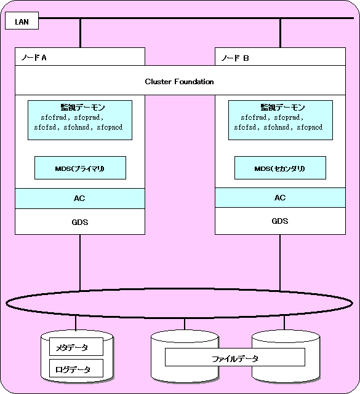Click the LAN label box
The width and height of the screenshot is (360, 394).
pos(22,21)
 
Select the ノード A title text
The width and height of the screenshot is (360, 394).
pos(34,58)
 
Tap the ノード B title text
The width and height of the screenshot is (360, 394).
pos(235,58)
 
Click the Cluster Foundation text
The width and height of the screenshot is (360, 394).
pos(179,81)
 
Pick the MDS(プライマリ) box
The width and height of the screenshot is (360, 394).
pos(80,168)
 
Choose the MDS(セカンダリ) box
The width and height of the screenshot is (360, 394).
pos(280,168)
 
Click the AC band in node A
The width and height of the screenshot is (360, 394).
pos(80,199)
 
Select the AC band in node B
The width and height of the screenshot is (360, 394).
pos(280,197)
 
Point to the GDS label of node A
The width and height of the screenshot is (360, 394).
pos(80,222)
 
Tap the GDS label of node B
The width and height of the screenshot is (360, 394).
pos(280,221)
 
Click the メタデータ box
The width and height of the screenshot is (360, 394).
pos(76,347)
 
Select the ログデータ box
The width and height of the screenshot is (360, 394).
pos(76,368)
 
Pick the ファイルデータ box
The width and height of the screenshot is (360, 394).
pos(235,357)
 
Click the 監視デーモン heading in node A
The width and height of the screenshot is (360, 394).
pos(82,108)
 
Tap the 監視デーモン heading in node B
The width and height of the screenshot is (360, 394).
pos(282,108)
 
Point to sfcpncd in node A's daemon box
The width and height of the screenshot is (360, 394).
pos(110,127)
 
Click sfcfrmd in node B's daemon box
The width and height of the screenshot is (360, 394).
pos(254,117)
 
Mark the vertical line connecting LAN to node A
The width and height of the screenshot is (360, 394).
pos(80,33)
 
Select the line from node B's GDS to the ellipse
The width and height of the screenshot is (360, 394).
pos(280,262)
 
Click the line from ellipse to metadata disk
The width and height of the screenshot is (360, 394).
pos(76,323)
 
